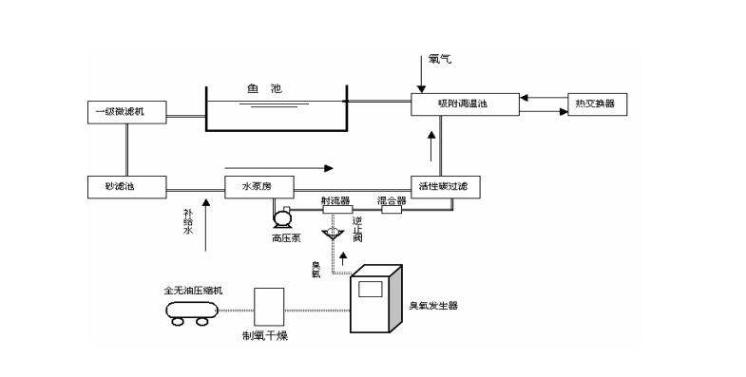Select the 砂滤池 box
[x=125, y=186]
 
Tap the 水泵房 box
[x=259, y=186]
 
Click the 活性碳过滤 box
[x=446, y=187]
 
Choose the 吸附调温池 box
[x=463, y=104]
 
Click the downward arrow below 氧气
[x=422, y=72]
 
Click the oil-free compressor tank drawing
[x=191, y=308]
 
